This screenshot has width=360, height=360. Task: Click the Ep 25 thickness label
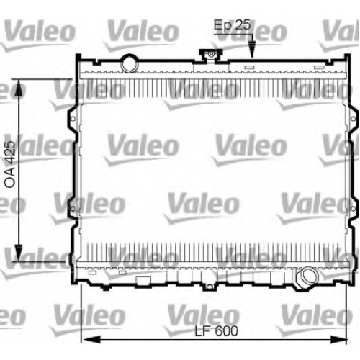pyautogui.click(x=232, y=25)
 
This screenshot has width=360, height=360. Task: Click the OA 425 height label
pyautogui.click(x=10, y=164)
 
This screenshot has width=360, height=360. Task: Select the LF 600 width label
pyautogui.click(x=217, y=331)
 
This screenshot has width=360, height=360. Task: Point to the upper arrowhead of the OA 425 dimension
pyautogui.click(x=19, y=88)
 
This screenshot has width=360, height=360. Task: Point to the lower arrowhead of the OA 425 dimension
pyautogui.click(x=19, y=253)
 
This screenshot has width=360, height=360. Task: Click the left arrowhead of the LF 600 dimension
pyautogui.click(x=91, y=340)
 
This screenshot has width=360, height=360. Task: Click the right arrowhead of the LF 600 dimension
pyautogui.click(x=338, y=340)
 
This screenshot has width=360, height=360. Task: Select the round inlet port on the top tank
pyautogui.click(x=130, y=63)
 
